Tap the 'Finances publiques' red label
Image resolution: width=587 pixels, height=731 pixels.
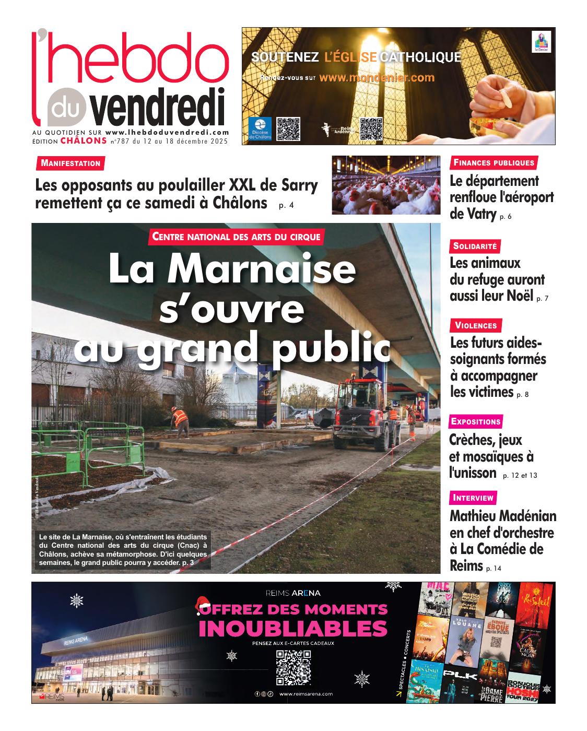494,162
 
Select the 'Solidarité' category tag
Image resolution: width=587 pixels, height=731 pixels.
475,246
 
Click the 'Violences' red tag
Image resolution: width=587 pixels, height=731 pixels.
476,326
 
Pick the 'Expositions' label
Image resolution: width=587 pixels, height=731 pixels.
476,421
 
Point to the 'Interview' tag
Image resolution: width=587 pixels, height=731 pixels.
473,498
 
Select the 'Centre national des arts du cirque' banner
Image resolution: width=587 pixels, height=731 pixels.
236,237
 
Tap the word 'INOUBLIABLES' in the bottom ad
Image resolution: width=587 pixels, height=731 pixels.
293,629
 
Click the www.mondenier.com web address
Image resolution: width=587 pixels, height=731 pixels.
377,78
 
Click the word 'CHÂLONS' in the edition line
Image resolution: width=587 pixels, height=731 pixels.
84,140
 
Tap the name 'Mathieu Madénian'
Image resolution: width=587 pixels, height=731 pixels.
502,516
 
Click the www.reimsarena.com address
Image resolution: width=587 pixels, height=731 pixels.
306,694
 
